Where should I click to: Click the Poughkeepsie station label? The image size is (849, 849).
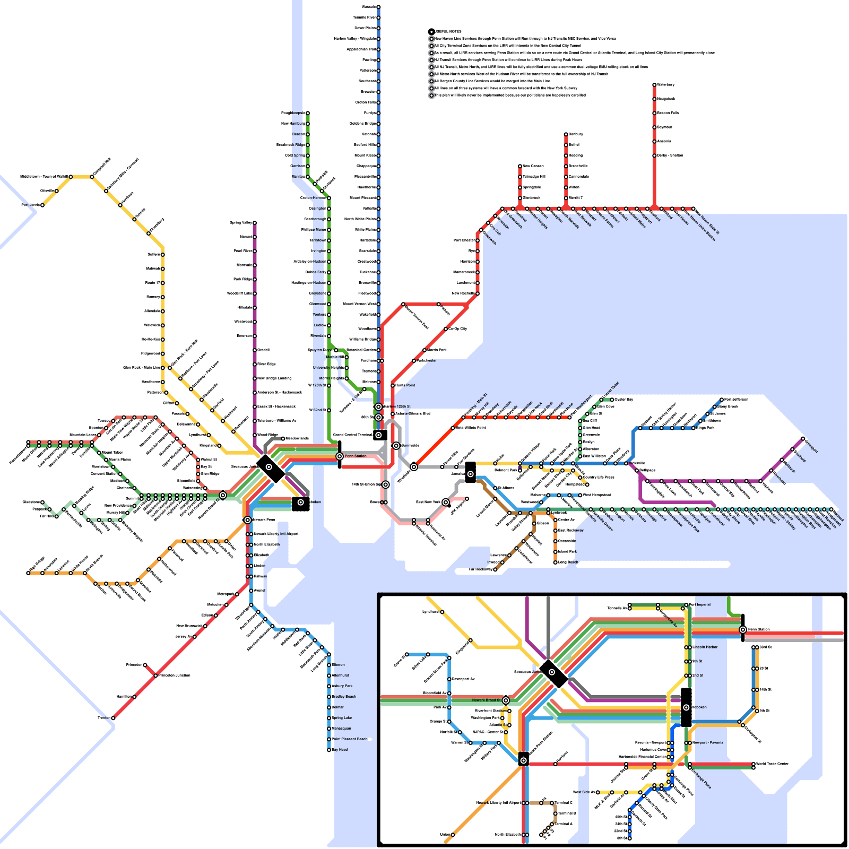[x=292, y=113]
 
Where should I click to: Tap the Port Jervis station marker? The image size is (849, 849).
[x=42, y=205]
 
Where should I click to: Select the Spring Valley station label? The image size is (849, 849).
[x=241, y=223]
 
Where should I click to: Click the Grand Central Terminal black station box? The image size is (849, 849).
[x=380, y=435]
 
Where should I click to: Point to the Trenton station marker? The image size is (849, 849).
[x=113, y=718]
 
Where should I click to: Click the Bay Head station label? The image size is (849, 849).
[x=340, y=750]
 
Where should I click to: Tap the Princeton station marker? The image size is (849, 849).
[x=145, y=665]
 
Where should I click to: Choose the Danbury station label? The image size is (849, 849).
[x=576, y=134]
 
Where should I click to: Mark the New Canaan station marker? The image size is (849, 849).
[x=520, y=166]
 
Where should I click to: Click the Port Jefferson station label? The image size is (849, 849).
[x=736, y=400]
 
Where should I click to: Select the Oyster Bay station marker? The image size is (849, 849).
[x=612, y=400]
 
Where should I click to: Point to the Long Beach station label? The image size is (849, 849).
[x=568, y=562]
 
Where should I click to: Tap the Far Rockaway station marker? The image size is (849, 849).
[x=495, y=569]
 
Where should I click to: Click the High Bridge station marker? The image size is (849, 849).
[x=28, y=573]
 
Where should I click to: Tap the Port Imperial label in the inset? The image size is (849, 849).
[x=700, y=604]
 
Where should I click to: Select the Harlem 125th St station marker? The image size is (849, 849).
[x=378, y=407]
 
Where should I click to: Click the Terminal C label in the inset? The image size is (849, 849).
[x=564, y=803]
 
